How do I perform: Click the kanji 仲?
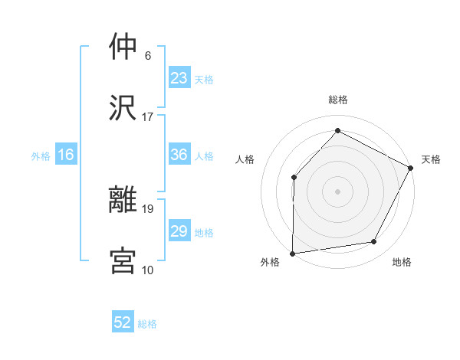(123, 47)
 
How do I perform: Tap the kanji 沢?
(123, 107)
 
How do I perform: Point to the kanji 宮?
(123, 260)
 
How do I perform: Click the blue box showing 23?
(179, 77)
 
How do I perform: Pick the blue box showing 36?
(179, 155)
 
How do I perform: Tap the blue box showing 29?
(179, 231)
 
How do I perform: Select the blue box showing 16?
(66, 155)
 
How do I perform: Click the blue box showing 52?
(123, 322)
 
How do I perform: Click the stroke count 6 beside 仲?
(148, 56)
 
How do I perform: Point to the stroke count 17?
(148, 117)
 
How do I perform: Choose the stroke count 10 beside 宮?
(148, 270)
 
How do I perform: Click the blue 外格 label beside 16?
(41, 156)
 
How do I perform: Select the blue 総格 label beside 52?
(147, 324)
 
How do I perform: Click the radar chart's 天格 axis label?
(431, 159)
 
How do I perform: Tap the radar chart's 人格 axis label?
(245, 159)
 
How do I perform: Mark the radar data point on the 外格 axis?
(292, 253)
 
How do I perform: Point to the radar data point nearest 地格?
(374, 242)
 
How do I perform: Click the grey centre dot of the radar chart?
(337, 191)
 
